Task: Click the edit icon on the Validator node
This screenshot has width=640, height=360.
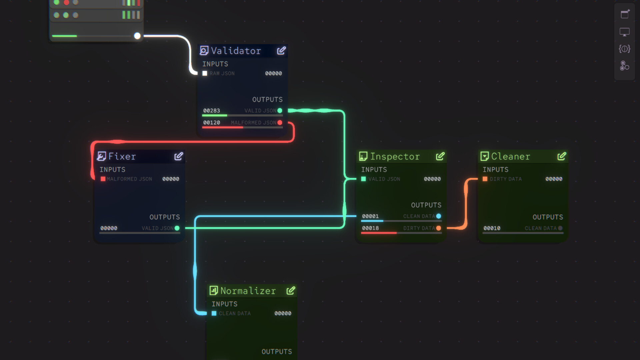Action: click(x=281, y=51)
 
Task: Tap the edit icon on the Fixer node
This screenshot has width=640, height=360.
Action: click(x=179, y=156)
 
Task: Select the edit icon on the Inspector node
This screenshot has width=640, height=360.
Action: click(x=440, y=156)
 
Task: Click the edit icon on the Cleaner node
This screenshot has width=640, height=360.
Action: click(x=562, y=156)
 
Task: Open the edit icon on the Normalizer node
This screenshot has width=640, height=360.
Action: click(x=291, y=291)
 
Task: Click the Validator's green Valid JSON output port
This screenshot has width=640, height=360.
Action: click(x=280, y=111)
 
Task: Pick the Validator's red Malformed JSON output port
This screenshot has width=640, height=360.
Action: click(x=280, y=123)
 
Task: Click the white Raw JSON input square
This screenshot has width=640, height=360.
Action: click(x=205, y=73)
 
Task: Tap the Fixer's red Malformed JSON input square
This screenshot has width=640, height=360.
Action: click(x=103, y=179)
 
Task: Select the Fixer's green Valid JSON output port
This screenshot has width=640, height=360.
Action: click(x=177, y=228)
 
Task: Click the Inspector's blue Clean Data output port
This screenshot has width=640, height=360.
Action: click(x=439, y=216)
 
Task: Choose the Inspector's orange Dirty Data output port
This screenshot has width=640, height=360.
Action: click(x=439, y=228)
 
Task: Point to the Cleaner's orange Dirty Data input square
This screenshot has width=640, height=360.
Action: click(x=485, y=179)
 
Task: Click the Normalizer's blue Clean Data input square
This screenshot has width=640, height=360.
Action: click(x=214, y=313)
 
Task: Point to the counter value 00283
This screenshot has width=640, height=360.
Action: click(x=212, y=111)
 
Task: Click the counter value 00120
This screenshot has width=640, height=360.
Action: click(x=212, y=123)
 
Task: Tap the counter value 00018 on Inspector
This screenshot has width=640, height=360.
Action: click(x=370, y=228)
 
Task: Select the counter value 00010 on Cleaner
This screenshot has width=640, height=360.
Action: click(x=492, y=228)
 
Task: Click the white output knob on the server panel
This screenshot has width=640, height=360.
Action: click(x=137, y=36)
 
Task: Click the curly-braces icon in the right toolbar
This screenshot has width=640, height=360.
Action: click(x=625, y=49)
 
